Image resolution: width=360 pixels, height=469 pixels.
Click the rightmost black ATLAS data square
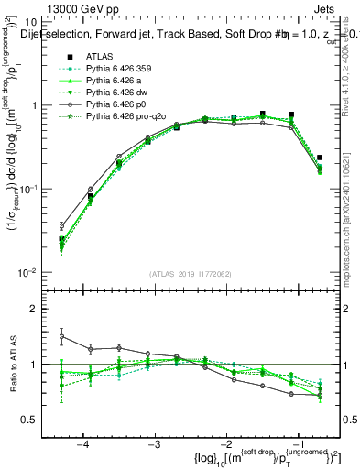[x=319, y=158]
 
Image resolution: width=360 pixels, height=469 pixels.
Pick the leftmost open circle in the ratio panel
[x=61, y=336]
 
